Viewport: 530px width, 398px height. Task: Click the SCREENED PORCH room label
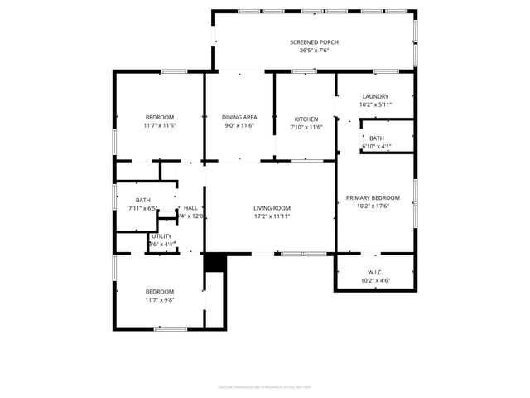[x=314, y=42]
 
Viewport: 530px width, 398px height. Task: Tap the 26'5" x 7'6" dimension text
[x=314, y=51]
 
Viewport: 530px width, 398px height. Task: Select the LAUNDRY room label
[x=375, y=96]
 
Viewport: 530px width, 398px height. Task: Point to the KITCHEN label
[x=306, y=118]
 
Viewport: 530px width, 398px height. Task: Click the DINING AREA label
[x=239, y=118]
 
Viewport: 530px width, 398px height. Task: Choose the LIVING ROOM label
[x=272, y=208]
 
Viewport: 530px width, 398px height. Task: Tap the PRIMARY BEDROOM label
[x=373, y=197]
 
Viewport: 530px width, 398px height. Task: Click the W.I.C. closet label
[x=375, y=272]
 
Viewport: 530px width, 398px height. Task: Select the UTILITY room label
[x=161, y=236]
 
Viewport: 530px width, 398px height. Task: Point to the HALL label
[x=190, y=208]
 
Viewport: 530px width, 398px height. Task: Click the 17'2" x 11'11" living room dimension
[x=272, y=216]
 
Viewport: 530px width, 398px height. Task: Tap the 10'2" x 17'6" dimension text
[x=373, y=206]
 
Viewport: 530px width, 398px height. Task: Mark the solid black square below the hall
[x=215, y=262]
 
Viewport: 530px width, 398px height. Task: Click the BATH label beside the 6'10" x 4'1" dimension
[x=377, y=138]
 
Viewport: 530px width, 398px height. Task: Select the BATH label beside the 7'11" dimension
[x=143, y=200]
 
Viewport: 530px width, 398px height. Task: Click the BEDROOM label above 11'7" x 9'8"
[x=160, y=291]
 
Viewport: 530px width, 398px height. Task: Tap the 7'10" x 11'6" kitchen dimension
[x=306, y=127]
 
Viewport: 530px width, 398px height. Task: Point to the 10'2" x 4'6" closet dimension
[x=375, y=280]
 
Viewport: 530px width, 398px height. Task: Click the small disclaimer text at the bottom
[x=265, y=386]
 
